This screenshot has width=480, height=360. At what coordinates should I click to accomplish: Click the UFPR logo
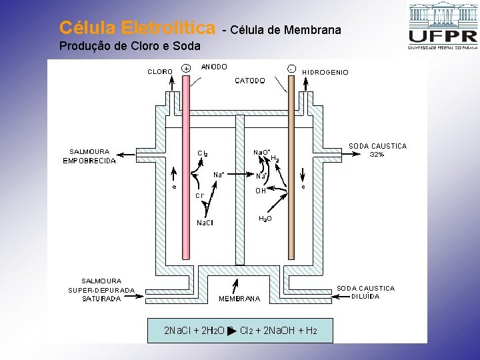442,27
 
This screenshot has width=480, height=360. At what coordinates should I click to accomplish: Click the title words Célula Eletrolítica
137,28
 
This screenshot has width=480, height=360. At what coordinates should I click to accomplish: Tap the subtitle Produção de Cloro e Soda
129,46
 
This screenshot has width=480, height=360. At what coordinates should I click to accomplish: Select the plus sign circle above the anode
186,68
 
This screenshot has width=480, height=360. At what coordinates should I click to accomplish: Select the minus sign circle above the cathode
292,68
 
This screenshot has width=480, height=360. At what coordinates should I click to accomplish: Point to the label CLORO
160,71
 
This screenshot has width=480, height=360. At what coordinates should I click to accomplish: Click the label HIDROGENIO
325,72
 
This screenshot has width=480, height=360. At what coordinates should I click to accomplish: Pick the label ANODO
214,67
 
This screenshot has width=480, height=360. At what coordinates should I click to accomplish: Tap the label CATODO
250,81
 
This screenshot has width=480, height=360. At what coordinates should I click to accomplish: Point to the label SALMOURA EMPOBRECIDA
89,156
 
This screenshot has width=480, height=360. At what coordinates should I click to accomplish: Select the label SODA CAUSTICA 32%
377,150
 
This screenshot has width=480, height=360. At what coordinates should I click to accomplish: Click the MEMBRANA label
239,299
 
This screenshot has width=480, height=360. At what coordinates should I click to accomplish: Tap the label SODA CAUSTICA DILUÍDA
365,292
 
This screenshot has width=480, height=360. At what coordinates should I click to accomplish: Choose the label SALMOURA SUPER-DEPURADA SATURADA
101,290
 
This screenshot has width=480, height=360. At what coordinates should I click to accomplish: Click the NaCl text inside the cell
205,223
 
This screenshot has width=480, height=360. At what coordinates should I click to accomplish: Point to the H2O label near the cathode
265,218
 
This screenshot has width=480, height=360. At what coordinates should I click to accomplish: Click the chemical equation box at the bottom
240,331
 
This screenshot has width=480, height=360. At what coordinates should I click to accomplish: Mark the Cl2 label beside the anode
203,153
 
